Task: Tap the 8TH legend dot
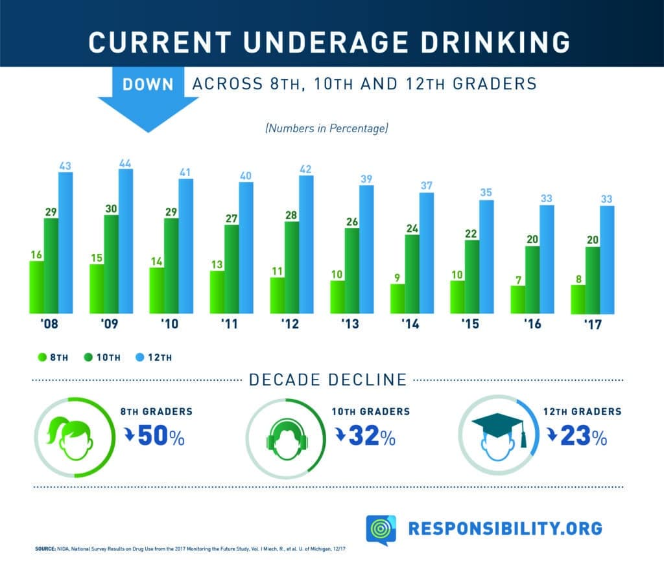pos(42,356)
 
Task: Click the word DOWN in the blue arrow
pos(148,84)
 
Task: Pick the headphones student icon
pos(285,437)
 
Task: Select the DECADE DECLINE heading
pos(328,380)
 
